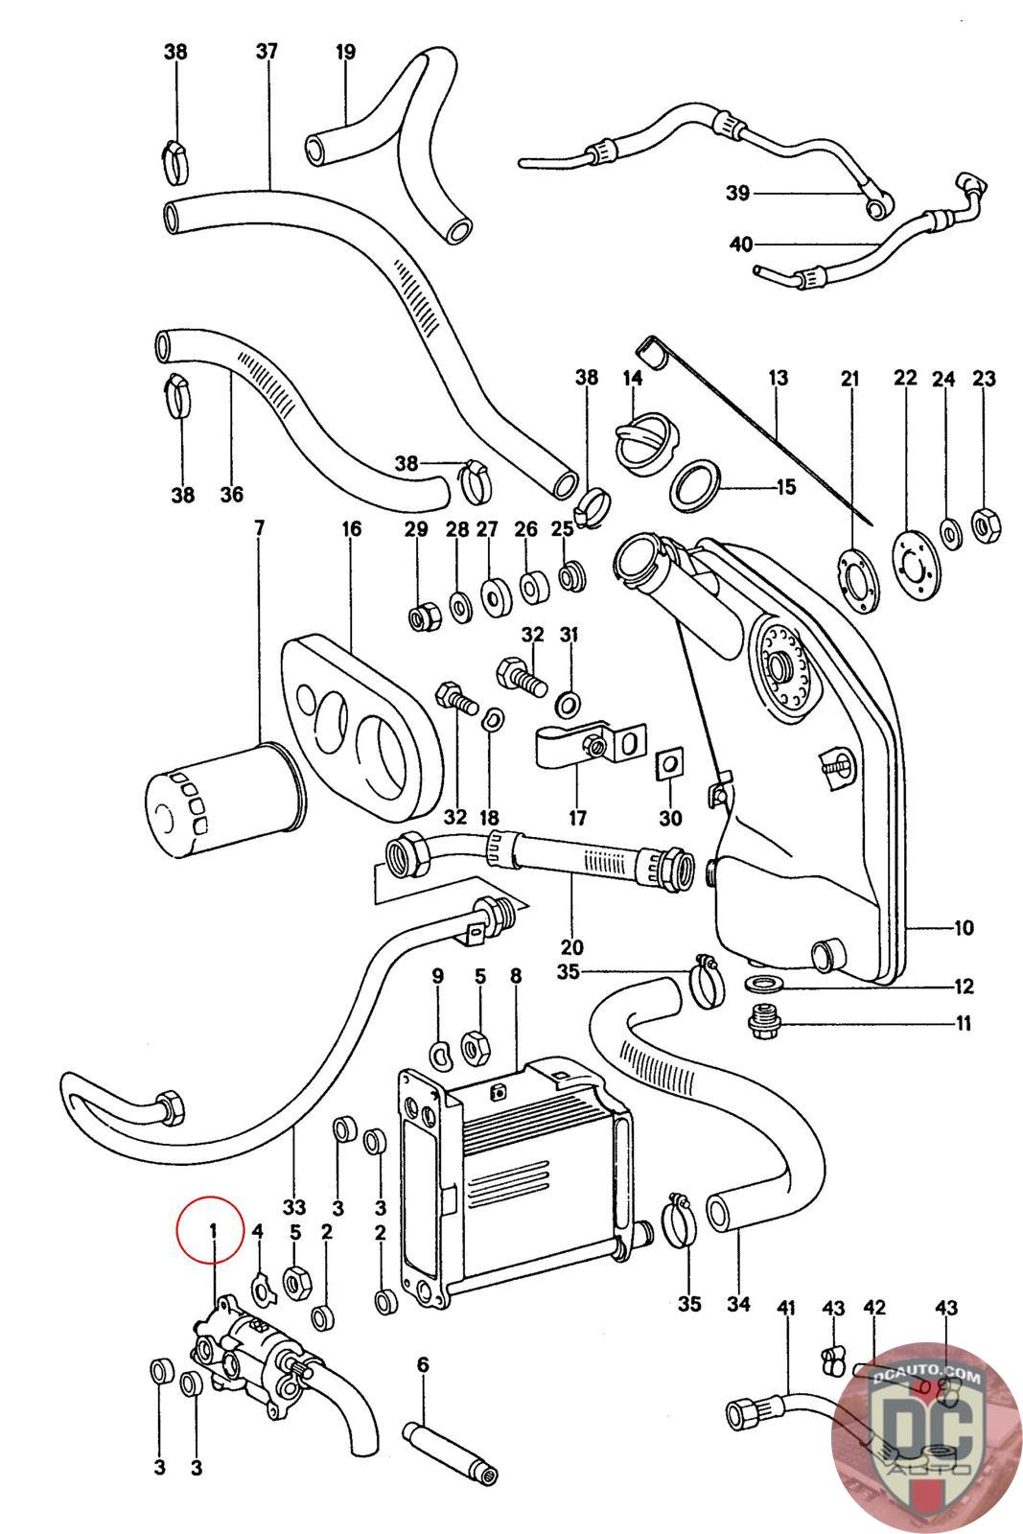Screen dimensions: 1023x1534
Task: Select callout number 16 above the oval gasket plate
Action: point(351,528)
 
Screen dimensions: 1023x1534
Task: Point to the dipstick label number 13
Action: point(779,378)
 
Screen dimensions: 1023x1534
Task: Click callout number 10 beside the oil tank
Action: point(964,928)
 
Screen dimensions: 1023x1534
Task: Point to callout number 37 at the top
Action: point(267,52)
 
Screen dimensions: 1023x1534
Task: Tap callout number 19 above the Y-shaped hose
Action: point(346,52)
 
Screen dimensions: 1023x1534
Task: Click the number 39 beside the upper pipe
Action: point(737,194)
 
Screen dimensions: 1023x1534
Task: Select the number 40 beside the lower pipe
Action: point(741,244)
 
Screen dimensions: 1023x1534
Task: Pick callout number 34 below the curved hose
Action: point(738,1304)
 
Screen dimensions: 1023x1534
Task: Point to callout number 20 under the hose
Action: point(571,947)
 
